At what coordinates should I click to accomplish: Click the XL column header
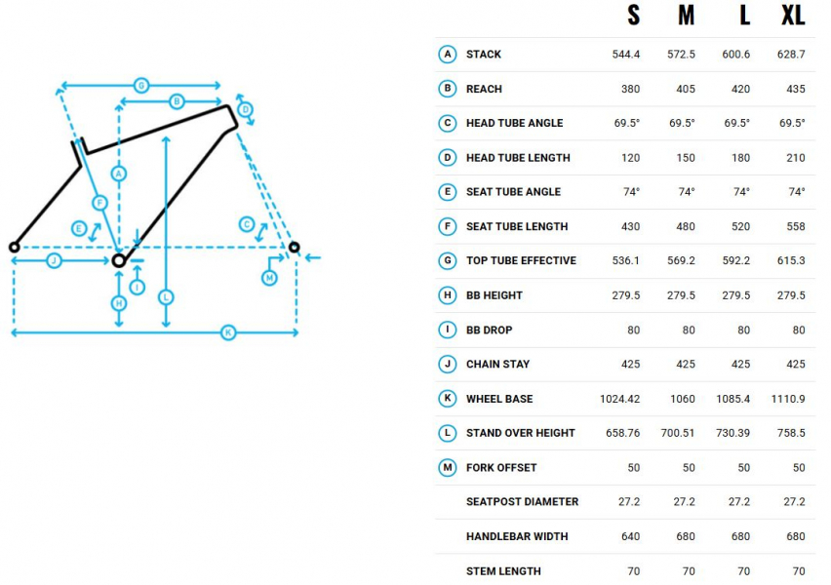coord(793,15)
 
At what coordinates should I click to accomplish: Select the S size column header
coord(633,15)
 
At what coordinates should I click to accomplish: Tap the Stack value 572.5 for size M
coord(681,54)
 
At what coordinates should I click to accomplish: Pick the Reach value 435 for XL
coord(796,89)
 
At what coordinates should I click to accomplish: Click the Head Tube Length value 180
coord(740,158)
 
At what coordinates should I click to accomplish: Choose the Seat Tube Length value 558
coord(796,226)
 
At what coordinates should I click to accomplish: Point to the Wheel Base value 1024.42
coord(619,399)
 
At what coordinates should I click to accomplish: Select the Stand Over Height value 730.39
coord(732,433)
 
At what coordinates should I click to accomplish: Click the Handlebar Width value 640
coord(630,536)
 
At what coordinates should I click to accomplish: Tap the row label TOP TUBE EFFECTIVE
coord(521,260)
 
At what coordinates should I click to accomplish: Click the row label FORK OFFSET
coord(501,467)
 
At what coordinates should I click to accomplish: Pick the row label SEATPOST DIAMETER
coord(522,502)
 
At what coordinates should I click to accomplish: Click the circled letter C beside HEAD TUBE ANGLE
coord(448,124)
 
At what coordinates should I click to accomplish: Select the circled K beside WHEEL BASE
coord(448,399)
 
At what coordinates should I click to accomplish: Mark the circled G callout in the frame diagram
coord(141,86)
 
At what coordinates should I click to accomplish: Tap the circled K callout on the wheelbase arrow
coord(228,332)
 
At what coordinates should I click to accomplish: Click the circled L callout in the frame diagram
coord(166,297)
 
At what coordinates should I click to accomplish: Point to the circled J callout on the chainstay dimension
coord(54,260)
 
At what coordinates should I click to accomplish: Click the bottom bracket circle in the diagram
coord(119,260)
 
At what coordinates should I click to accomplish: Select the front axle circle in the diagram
coord(295,247)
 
